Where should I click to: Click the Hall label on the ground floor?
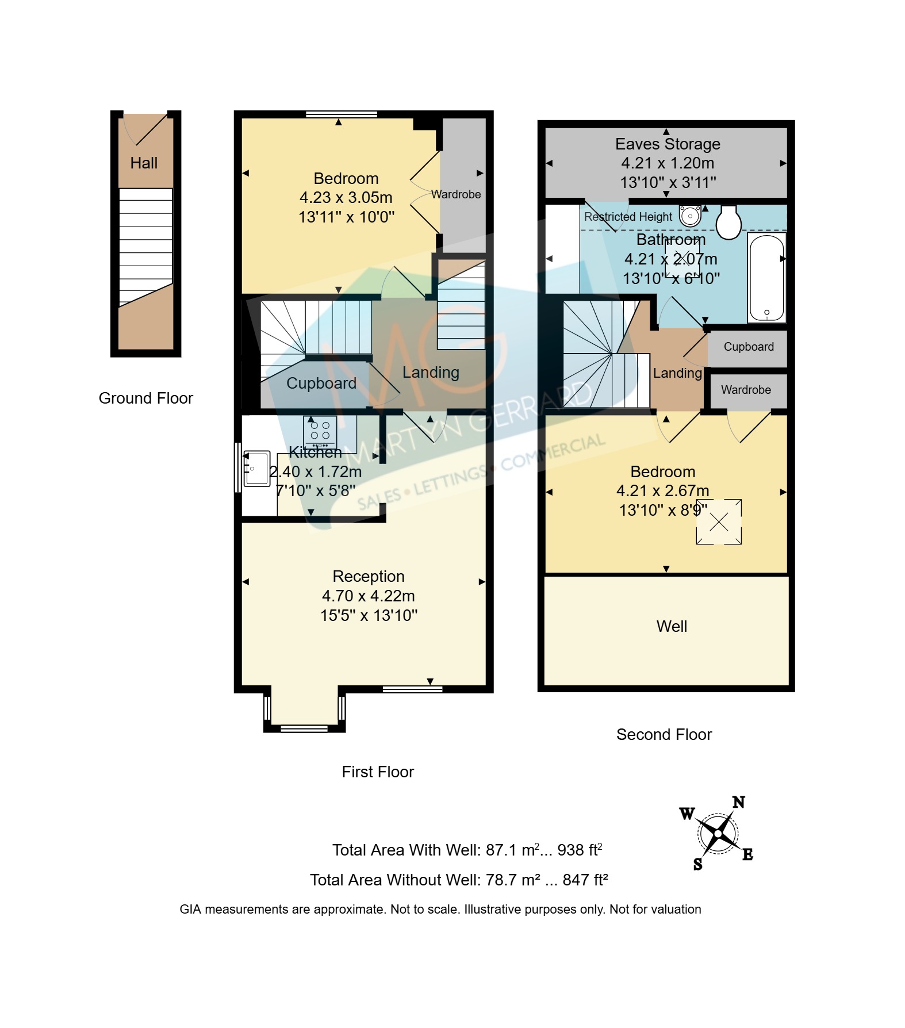click(144, 163)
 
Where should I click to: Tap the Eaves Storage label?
click(668, 144)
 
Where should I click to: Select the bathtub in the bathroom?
click(767, 278)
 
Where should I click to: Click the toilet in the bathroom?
click(728, 222)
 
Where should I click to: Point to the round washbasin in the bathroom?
click(690, 216)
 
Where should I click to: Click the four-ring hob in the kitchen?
click(320, 432)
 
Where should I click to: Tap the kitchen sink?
click(256, 469)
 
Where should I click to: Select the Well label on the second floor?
click(672, 627)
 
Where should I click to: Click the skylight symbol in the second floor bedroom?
click(719, 522)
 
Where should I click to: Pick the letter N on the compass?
click(739, 802)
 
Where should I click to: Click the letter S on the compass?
click(698, 864)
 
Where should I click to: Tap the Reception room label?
click(369, 577)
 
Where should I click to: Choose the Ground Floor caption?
click(146, 398)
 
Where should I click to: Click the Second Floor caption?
click(664, 735)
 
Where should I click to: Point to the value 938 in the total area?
click(570, 850)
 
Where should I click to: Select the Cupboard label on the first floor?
click(321, 383)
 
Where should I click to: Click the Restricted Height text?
click(628, 217)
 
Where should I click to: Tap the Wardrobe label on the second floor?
click(746, 390)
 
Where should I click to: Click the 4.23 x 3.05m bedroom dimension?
click(346, 198)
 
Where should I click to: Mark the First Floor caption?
click(378, 772)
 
